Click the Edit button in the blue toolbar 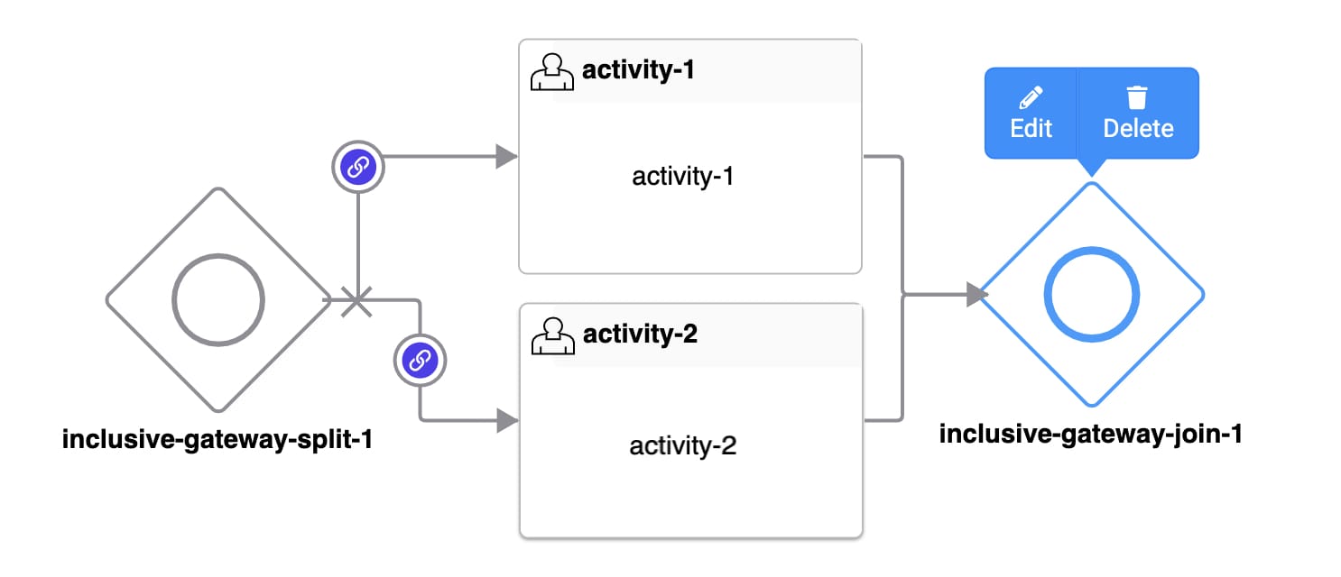click(x=1031, y=113)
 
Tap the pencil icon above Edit click(x=1031, y=97)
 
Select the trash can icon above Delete click(x=1137, y=97)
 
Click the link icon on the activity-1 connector click(x=358, y=167)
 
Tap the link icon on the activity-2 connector click(x=420, y=360)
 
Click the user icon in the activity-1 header click(x=552, y=72)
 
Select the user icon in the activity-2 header click(x=552, y=336)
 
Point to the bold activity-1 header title click(x=638, y=70)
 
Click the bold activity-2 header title click(x=640, y=334)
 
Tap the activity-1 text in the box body click(x=682, y=177)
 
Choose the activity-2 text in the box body click(x=682, y=445)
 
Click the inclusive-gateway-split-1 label click(x=217, y=439)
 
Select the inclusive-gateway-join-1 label click(x=1091, y=434)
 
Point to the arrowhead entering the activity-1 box click(x=506, y=157)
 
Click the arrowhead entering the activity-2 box click(x=508, y=420)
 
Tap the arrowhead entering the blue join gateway click(x=977, y=294)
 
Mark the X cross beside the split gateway click(x=356, y=301)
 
